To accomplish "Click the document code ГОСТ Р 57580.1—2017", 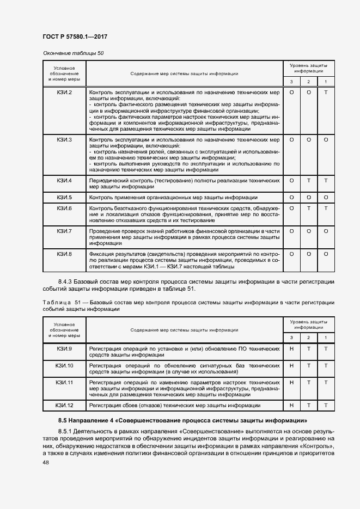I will coord(74,36).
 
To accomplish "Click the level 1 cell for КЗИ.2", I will coord(326,93).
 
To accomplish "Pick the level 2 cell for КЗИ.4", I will coord(309,180).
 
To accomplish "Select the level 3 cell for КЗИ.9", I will coord(291,348).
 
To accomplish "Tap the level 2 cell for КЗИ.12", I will coord(309,406).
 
